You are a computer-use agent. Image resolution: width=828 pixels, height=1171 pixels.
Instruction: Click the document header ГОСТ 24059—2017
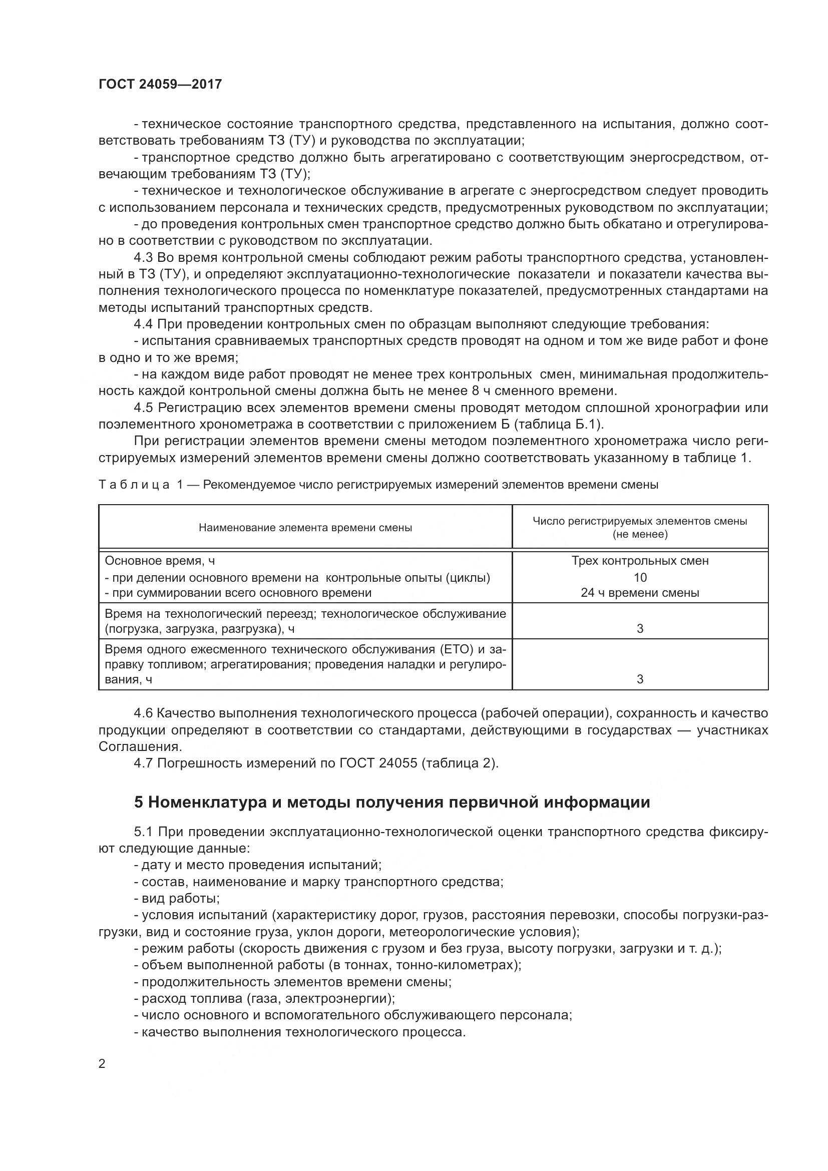(x=160, y=84)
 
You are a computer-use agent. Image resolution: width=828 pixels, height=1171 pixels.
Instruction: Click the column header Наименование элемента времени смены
(x=305, y=527)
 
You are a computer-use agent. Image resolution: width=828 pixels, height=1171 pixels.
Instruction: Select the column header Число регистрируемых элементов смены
(x=640, y=521)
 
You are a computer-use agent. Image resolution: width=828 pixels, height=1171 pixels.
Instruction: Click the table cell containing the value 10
(x=640, y=577)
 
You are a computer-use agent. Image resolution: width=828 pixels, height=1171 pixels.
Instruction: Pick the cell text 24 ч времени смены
(x=640, y=593)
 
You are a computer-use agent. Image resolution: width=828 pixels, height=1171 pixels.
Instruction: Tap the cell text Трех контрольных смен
(x=640, y=561)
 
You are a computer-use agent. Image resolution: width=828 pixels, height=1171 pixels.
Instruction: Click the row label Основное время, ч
(x=160, y=561)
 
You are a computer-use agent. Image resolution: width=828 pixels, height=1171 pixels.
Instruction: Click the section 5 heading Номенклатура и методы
(x=391, y=802)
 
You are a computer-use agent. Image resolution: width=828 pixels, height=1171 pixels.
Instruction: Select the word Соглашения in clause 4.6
(x=139, y=746)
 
